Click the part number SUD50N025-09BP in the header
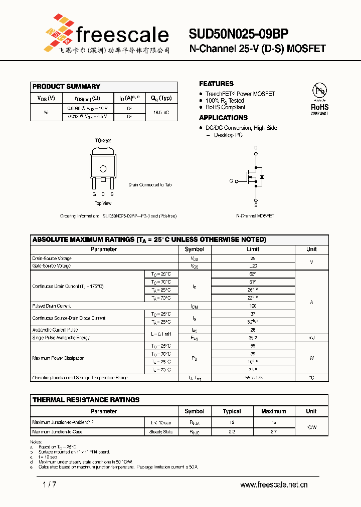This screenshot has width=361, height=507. pos(238,34)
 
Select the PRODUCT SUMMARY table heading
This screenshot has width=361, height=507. pos(66,87)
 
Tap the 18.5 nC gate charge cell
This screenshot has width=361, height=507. pos(161,113)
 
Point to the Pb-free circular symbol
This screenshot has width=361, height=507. pos(319,91)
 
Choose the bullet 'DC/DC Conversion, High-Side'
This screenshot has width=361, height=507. pos(241,128)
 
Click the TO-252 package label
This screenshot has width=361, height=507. pos(103,141)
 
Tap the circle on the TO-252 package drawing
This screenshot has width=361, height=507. pos(103,169)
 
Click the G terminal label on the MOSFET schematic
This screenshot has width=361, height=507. pos(231,180)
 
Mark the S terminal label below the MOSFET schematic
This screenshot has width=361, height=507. pos(256,205)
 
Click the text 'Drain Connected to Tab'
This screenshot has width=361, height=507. pos(150,185)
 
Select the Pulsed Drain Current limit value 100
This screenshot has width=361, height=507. pos(253,306)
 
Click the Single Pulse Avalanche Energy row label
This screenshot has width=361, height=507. pos(61,338)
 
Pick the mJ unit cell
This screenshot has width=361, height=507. pos(311,338)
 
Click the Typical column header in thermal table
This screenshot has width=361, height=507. pos(232,411)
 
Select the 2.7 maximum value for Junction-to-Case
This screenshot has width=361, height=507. pos(273,431)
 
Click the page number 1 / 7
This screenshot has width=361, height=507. pos(50,484)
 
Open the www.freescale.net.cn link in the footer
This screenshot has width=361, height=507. pos(274,484)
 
